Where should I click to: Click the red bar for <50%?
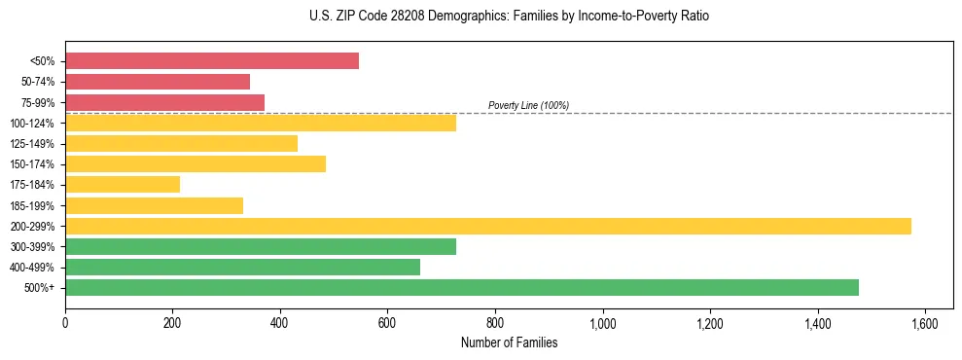[x=211, y=61]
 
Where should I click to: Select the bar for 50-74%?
[x=158, y=82]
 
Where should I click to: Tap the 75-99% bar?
[x=164, y=102]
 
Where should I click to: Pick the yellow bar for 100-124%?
[x=260, y=123]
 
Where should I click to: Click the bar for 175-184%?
[x=123, y=184]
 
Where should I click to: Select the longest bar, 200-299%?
[x=487, y=226]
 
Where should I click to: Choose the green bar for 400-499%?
[x=242, y=267]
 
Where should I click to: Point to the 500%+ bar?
[x=461, y=287]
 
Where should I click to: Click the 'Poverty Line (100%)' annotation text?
[x=528, y=105]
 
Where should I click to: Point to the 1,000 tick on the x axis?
[x=603, y=322]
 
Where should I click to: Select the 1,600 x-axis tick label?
[x=925, y=322]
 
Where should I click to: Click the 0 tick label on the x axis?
[x=65, y=322]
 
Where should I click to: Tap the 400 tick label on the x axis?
[x=280, y=322]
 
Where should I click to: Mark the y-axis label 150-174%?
[x=32, y=164]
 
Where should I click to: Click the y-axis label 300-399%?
[x=32, y=247]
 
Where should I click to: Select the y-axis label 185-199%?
[x=32, y=205]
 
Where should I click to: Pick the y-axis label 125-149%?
[x=32, y=144]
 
